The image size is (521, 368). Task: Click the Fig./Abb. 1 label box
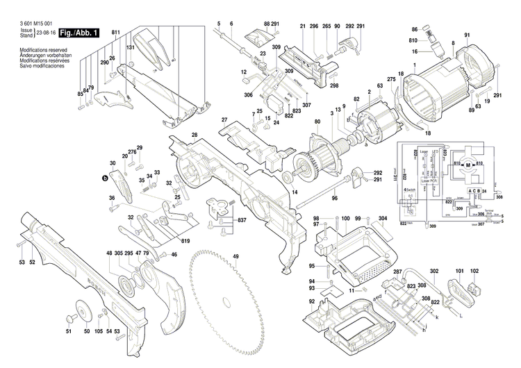pyautogui.click(x=79, y=33)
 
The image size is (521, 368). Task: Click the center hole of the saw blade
pyautogui.click(x=228, y=301)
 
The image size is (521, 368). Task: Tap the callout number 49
pyautogui.click(x=235, y=257)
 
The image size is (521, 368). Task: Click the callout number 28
pyautogui.click(x=195, y=134)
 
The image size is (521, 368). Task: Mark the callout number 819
pyautogui.click(x=185, y=241)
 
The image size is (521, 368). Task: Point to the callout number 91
pyautogui.click(x=467, y=35)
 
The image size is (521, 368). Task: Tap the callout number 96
pyautogui.click(x=333, y=198)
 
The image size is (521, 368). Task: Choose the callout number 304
pyautogui.click(x=382, y=219)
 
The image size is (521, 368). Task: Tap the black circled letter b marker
pyautogui.click(x=105, y=178)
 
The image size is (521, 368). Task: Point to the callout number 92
pyautogui.click(x=313, y=301)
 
